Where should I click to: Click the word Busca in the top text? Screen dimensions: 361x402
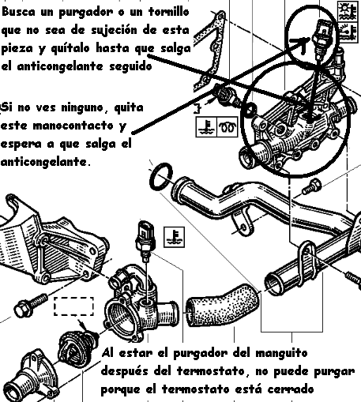18,12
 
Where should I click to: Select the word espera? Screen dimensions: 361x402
21,145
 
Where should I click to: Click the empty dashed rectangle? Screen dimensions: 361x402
73,306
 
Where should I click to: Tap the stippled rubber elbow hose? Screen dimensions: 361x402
223,305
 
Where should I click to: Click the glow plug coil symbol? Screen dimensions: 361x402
227,127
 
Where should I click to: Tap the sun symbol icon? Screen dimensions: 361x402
348,11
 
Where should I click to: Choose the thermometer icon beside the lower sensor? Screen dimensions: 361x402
174,237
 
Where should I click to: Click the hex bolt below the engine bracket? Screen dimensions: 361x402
31,305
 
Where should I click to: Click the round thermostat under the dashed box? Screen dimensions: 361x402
77,346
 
